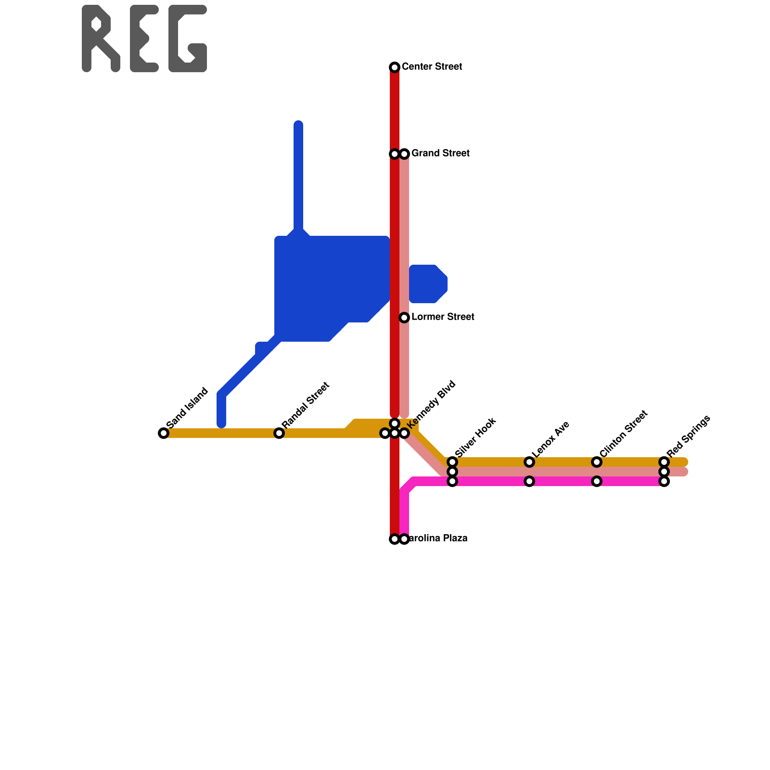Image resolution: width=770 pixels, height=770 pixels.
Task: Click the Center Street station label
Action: pos(432,66)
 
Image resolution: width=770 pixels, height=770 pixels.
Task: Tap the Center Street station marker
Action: pos(395,67)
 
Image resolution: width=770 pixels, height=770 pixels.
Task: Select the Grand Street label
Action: pos(440,154)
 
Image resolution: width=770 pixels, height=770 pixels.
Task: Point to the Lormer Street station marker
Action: pos(404,318)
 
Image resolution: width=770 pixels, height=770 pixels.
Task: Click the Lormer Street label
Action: pos(443,317)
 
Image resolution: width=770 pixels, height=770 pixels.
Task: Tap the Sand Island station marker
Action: pos(164,433)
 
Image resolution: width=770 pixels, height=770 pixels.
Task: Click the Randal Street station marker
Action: pos(279,433)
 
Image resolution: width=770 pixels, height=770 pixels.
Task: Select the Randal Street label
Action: pos(306,405)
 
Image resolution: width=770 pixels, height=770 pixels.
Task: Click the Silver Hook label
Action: pos(475,437)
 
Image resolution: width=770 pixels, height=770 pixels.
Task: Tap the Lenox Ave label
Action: pos(551,439)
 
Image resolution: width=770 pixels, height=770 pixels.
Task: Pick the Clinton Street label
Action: pos(624,434)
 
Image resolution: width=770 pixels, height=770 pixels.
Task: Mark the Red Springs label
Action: pos(689,436)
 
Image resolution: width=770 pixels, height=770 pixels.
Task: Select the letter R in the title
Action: pos(101,38)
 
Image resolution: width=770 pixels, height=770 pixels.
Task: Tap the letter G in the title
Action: pos(188,38)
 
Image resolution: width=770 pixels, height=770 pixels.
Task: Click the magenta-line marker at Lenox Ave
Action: pos(529,481)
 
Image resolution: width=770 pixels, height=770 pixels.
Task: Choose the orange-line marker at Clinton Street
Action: pos(597,462)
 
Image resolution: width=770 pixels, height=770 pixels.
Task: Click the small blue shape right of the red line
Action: pos(428,284)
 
